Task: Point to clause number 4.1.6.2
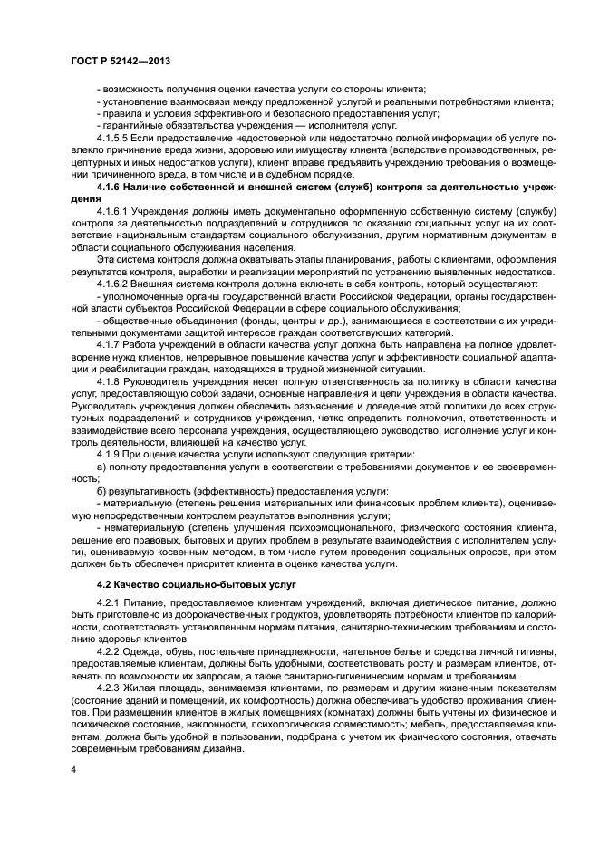point(111,284)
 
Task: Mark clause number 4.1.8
point(108,380)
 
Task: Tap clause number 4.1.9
point(108,454)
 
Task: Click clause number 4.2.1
point(108,602)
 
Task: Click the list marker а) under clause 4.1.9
point(101,467)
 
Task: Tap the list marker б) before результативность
point(101,491)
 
